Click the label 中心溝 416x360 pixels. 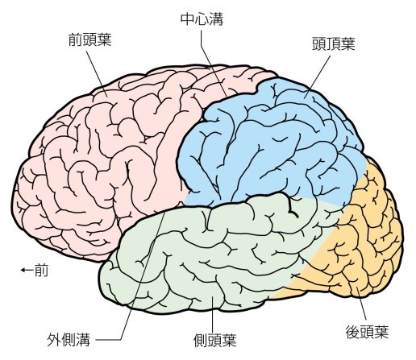[202, 19]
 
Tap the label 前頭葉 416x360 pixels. [89, 39]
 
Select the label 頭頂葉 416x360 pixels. [334, 43]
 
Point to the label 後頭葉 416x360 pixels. [367, 332]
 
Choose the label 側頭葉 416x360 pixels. [215, 341]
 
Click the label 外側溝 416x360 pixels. [69, 340]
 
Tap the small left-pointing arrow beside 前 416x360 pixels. [27, 270]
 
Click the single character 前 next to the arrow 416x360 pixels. [41, 270]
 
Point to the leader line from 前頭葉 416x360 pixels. [97, 74]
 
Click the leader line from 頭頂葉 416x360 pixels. [318, 77]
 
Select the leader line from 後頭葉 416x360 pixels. [361, 304]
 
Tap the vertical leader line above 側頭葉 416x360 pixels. [213, 314]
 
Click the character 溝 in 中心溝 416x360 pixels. [216, 19]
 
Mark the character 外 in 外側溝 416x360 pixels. [54, 340]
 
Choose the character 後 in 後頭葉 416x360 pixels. [352, 332]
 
